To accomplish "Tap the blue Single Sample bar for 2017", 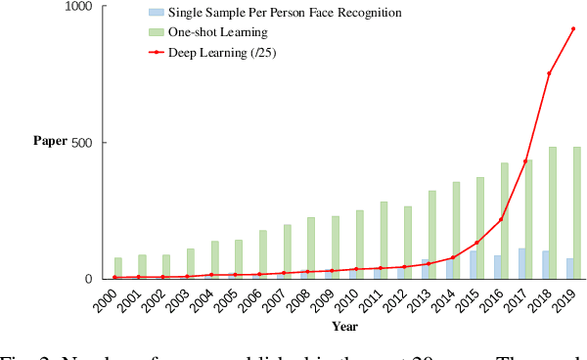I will pos(522,263).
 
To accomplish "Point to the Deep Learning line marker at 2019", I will pos(572,28).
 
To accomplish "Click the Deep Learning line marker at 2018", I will pos(549,73).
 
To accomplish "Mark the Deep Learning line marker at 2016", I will pos(501,219).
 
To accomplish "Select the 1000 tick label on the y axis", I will pos(77,7).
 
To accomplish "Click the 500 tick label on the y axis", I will pos(81,143).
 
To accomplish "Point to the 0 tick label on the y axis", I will pos(87,279).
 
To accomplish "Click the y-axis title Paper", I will pos(51,141).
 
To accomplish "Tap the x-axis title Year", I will pos(344,326).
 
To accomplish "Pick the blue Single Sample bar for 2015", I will pos(474,264).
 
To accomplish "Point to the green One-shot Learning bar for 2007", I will pos(288,251).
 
